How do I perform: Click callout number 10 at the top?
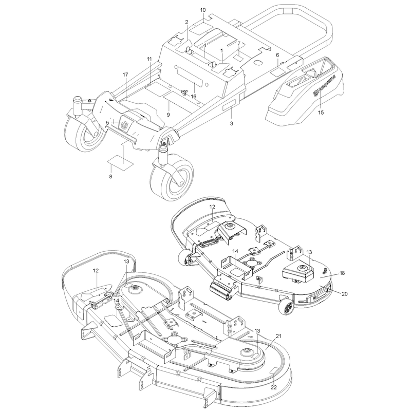click(203, 10)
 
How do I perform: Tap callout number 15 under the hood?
click(321, 113)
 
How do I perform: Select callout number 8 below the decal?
click(110, 177)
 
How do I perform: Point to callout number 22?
click(274, 387)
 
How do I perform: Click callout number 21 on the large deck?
click(278, 336)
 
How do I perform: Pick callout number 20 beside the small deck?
click(344, 294)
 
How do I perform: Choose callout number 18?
click(342, 273)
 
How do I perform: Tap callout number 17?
click(125, 75)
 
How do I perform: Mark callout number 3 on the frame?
click(232, 123)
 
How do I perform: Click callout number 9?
click(169, 115)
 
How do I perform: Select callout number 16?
click(194, 97)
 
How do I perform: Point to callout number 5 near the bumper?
click(107, 123)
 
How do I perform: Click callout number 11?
click(149, 59)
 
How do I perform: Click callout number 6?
click(277, 55)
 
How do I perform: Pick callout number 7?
click(239, 44)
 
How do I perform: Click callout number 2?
click(186, 22)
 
